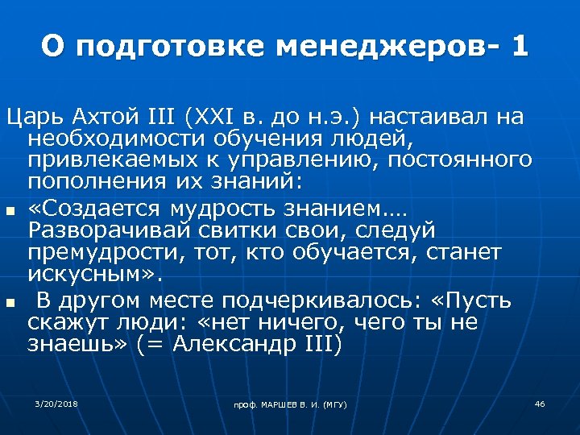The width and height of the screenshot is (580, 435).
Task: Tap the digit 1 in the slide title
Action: (520, 46)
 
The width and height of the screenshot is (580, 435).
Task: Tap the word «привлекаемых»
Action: (109, 159)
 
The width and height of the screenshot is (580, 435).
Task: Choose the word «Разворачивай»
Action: (108, 232)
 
